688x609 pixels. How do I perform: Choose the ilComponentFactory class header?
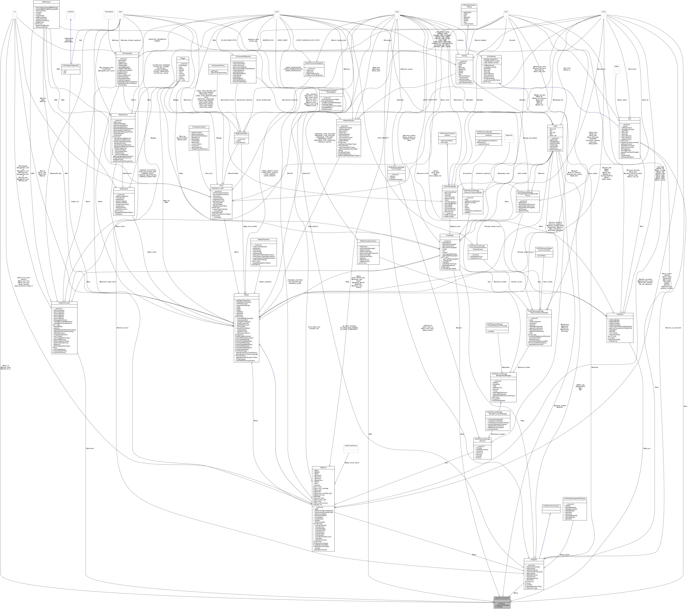(x=218, y=66)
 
